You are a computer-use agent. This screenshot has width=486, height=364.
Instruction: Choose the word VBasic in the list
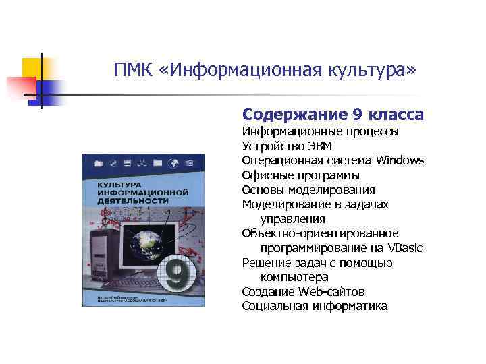coord(405,248)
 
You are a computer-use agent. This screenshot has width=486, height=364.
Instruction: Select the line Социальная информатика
coord(315,307)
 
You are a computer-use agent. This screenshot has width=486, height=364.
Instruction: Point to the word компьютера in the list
coord(294,277)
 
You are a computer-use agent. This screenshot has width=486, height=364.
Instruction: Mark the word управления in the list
coord(293,219)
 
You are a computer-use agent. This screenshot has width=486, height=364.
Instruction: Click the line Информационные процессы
coord(320,131)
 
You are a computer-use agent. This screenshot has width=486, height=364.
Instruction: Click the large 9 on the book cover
coord(177,276)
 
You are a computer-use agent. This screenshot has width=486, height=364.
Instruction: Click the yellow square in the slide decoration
coord(31,67)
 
